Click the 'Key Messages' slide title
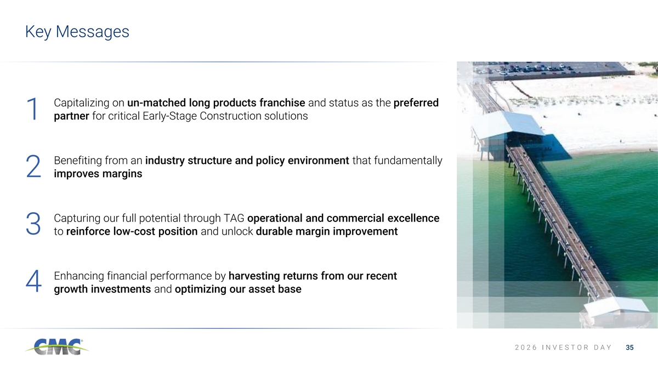click(x=77, y=32)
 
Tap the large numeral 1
click(x=32, y=109)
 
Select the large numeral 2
click(x=33, y=167)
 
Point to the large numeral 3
click(x=33, y=224)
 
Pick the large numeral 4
click(x=33, y=281)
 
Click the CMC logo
click(x=57, y=347)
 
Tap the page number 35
click(x=630, y=348)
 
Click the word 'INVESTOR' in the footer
click(x=565, y=348)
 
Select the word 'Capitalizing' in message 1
click(x=82, y=103)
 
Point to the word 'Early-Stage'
click(x=169, y=116)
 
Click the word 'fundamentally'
click(x=408, y=161)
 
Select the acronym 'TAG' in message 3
click(x=234, y=219)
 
